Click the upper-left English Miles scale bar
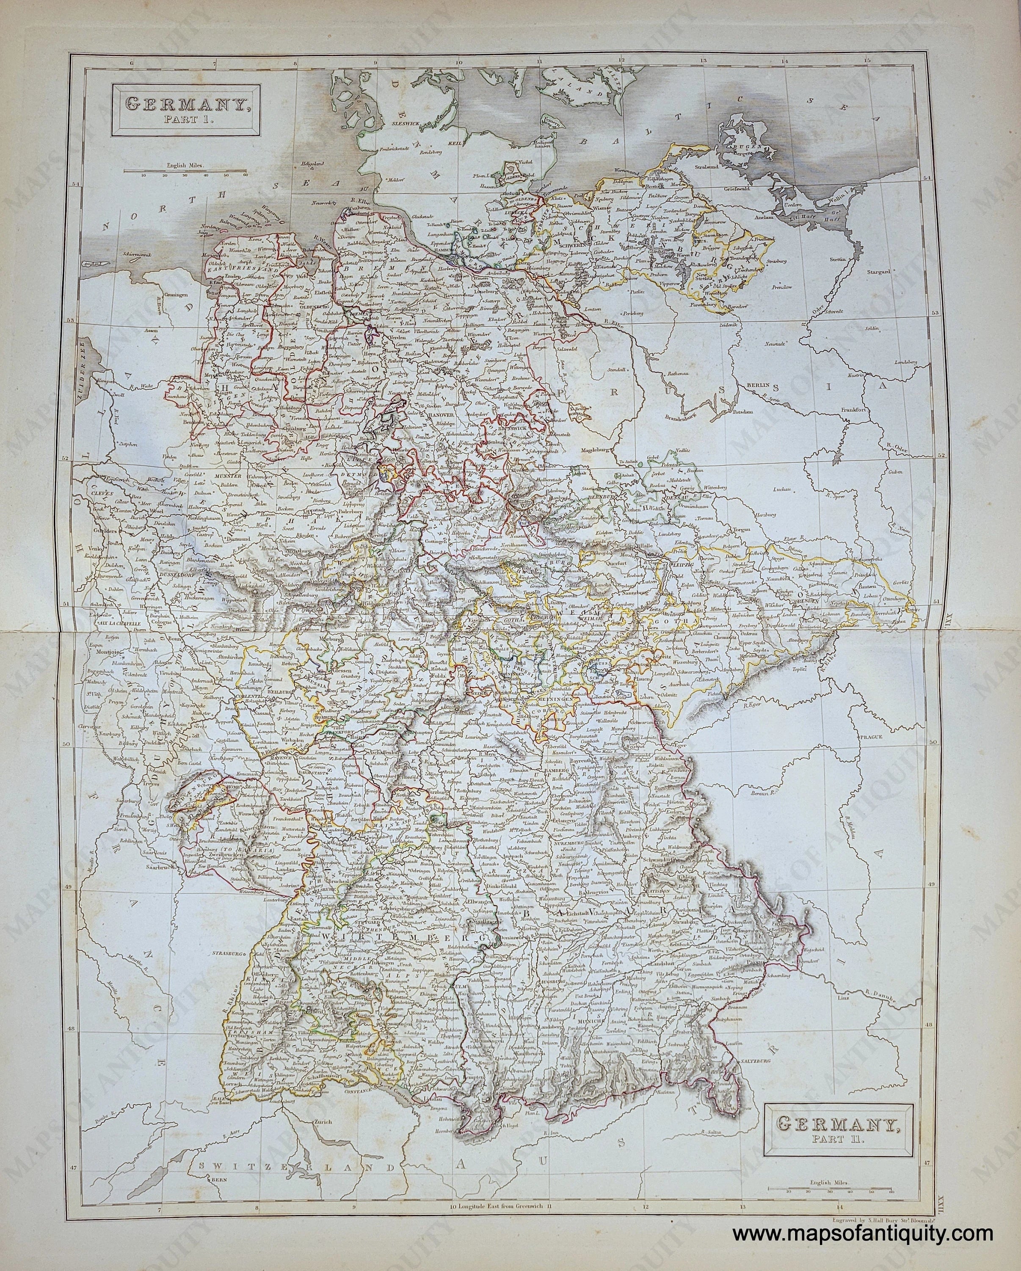[x=185, y=172]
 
